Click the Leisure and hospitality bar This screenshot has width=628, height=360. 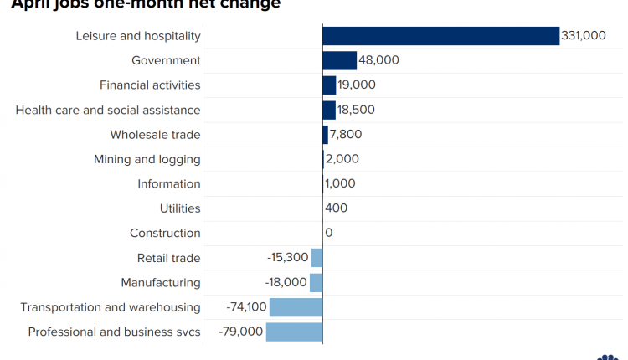click(x=440, y=36)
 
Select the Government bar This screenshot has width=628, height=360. click(x=340, y=60)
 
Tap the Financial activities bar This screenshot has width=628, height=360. click(x=329, y=85)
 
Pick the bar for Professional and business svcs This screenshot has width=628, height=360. click(x=294, y=332)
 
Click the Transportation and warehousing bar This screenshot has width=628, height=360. click(x=296, y=307)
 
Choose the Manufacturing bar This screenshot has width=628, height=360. click(x=316, y=282)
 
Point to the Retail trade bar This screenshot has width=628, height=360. click(x=317, y=258)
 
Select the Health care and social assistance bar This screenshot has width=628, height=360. click(x=329, y=110)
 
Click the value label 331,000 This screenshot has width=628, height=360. click(x=584, y=36)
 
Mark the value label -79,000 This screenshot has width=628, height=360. click(x=241, y=332)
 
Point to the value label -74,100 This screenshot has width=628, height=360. click(x=246, y=307)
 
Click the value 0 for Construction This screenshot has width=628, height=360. click(x=328, y=233)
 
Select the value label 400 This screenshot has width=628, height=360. click(x=337, y=208)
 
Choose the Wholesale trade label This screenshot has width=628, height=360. click(x=155, y=134)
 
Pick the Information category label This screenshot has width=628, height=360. click(x=169, y=183)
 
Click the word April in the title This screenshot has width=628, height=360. click(x=30, y=3)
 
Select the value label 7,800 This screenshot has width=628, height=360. click(x=347, y=134)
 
